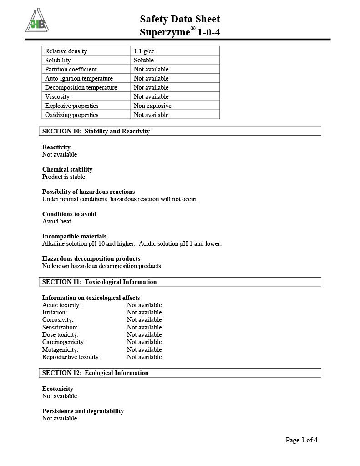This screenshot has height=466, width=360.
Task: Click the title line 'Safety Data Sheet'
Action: point(180,19)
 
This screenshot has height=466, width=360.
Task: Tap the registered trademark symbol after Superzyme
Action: point(193,29)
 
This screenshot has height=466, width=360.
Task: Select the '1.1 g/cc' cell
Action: point(144,51)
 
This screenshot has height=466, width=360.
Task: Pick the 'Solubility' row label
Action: point(58,60)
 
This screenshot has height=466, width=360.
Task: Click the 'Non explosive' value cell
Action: point(152,106)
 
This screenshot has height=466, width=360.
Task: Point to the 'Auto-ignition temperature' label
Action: point(79,78)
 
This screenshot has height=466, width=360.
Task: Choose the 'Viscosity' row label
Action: point(57,96)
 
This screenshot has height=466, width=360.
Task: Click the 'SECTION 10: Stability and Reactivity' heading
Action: point(96,131)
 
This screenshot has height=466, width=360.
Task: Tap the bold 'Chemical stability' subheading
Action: point(67,169)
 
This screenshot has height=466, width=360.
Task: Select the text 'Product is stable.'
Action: point(64,177)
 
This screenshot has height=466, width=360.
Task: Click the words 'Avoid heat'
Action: point(56,221)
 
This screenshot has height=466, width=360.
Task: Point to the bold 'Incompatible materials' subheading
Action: point(74,236)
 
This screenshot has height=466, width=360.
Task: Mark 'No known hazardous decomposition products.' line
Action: point(102,266)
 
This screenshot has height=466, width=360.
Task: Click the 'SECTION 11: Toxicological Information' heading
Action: point(99,282)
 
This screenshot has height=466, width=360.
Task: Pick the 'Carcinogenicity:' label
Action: point(64,342)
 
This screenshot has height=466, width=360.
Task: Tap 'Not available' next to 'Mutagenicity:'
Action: point(144,349)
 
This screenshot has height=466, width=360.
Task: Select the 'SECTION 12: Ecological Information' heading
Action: point(95,373)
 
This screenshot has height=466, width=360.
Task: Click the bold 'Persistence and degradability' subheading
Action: point(83,411)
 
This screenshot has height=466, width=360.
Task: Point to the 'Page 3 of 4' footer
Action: point(301,440)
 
